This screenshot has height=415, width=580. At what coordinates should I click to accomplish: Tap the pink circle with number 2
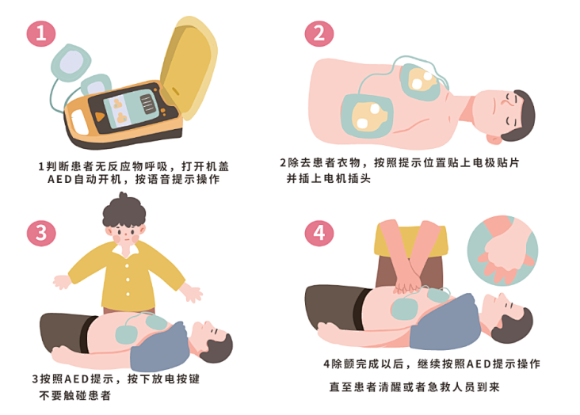point(319,33)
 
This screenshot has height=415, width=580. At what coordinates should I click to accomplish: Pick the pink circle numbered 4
point(319,233)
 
